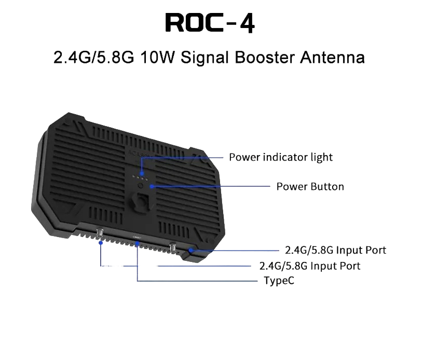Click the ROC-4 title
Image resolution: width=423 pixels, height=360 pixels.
[210, 23]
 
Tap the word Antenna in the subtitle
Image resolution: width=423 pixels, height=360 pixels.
[332, 57]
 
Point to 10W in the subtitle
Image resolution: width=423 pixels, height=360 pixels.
[158, 57]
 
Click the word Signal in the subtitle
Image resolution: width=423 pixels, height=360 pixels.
[205, 58]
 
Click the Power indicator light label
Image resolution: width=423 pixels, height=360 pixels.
[281, 157]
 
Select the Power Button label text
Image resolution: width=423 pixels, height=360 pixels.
[310, 187]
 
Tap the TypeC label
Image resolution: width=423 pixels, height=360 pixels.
[279, 281]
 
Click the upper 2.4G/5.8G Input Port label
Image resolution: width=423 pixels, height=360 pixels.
[336, 250]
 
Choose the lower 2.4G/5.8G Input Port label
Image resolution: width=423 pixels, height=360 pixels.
[310, 266]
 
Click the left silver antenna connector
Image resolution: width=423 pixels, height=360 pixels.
[100, 233]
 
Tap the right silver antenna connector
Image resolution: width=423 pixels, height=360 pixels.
[173, 247]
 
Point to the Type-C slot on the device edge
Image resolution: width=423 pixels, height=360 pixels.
[137, 237]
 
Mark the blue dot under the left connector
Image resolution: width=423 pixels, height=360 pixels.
[101, 243]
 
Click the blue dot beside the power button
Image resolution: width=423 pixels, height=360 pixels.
[152, 186]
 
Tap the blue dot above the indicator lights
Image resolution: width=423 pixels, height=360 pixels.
[142, 174]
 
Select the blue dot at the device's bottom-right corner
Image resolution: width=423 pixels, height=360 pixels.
[190, 251]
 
